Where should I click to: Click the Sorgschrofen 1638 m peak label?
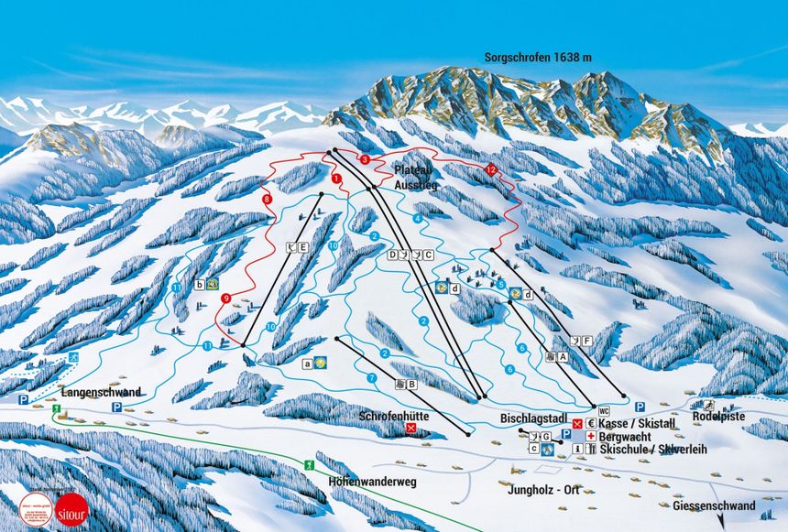point(538,58)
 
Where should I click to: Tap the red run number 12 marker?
point(491,170)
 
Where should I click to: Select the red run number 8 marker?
point(268,199)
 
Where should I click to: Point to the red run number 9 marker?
point(224,298)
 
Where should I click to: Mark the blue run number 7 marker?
point(372,377)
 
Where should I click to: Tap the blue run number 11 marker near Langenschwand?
point(208,345)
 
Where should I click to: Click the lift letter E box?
point(301,245)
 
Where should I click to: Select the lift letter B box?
point(411,385)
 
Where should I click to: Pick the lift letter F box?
point(586,341)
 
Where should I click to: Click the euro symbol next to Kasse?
point(591,424)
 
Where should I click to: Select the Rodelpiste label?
point(721,418)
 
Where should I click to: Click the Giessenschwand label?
point(714,505)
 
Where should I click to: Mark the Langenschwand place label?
point(101,393)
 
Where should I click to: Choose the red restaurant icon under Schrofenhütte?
point(397,428)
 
